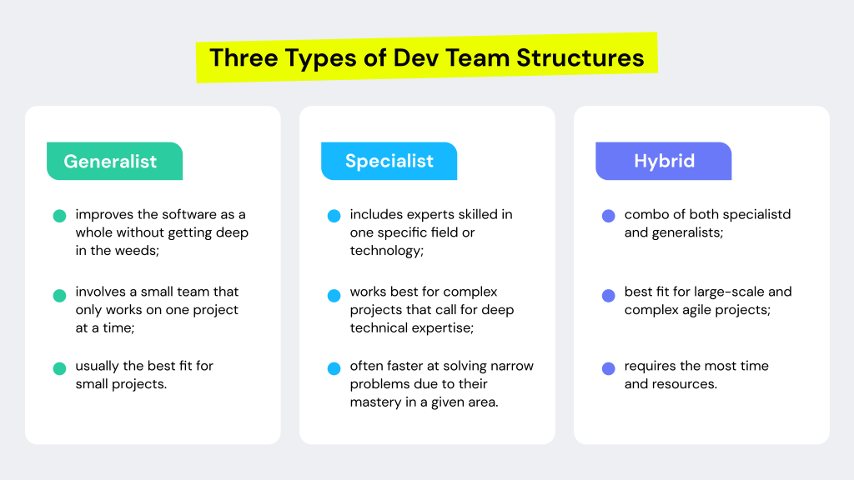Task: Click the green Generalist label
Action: (110, 162)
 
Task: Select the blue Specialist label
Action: (389, 162)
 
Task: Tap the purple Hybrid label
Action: (664, 162)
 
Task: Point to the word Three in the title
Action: (242, 57)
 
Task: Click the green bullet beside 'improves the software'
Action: (59, 216)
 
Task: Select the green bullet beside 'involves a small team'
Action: (59, 295)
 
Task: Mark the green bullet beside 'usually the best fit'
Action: (59, 368)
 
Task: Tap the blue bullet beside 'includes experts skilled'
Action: (334, 216)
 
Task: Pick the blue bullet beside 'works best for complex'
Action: (334, 295)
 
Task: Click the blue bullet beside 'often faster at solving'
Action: (334, 368)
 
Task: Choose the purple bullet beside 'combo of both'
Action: (609, 216)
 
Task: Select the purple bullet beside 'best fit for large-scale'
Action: (609, 295)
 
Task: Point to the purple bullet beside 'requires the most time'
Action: (609, 368)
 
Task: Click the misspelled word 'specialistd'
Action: (756, 215)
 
